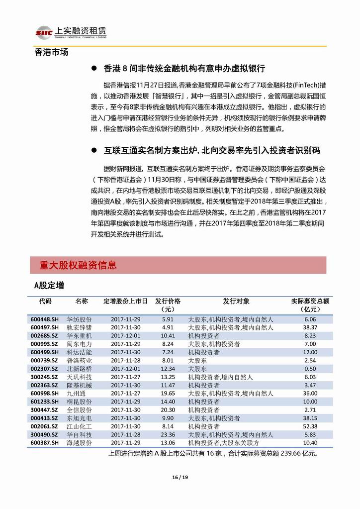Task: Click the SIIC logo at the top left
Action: pos(44,32)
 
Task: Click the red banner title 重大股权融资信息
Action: pos(79,265)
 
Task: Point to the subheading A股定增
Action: pos(49,286)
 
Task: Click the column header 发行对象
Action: pos(236,302)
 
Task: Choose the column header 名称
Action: pos(82,302)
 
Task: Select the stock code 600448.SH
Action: pos(44,319)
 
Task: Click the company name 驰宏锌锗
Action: pos(79,327)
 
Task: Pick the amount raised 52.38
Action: pos(310,426)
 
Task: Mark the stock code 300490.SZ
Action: pos(44,434)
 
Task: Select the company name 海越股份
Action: pos(79,443)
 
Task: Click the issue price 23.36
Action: pos(168,434)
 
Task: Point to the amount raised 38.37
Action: pos(310,327)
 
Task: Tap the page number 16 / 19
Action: pos(180,478)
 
